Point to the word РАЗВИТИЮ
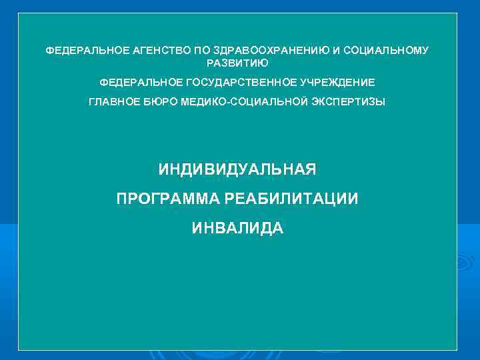coord(237,63)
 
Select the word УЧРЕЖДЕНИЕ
coord(337,82)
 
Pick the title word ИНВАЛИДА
coord(237,229)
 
